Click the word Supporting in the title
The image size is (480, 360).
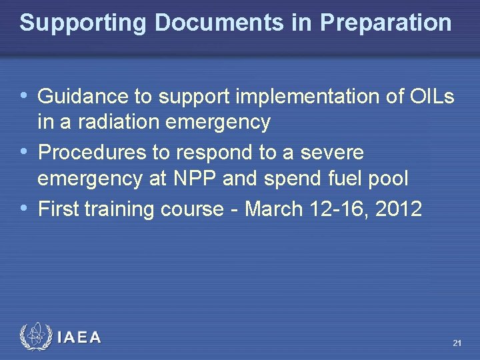(83, 23)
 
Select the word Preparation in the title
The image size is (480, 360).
(385, 23)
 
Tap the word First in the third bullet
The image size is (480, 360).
(59, 209)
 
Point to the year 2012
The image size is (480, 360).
(399, 209)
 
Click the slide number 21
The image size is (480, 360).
(457, 343)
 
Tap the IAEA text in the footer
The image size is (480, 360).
(79, 338)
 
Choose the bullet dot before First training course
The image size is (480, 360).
(25, 209)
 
